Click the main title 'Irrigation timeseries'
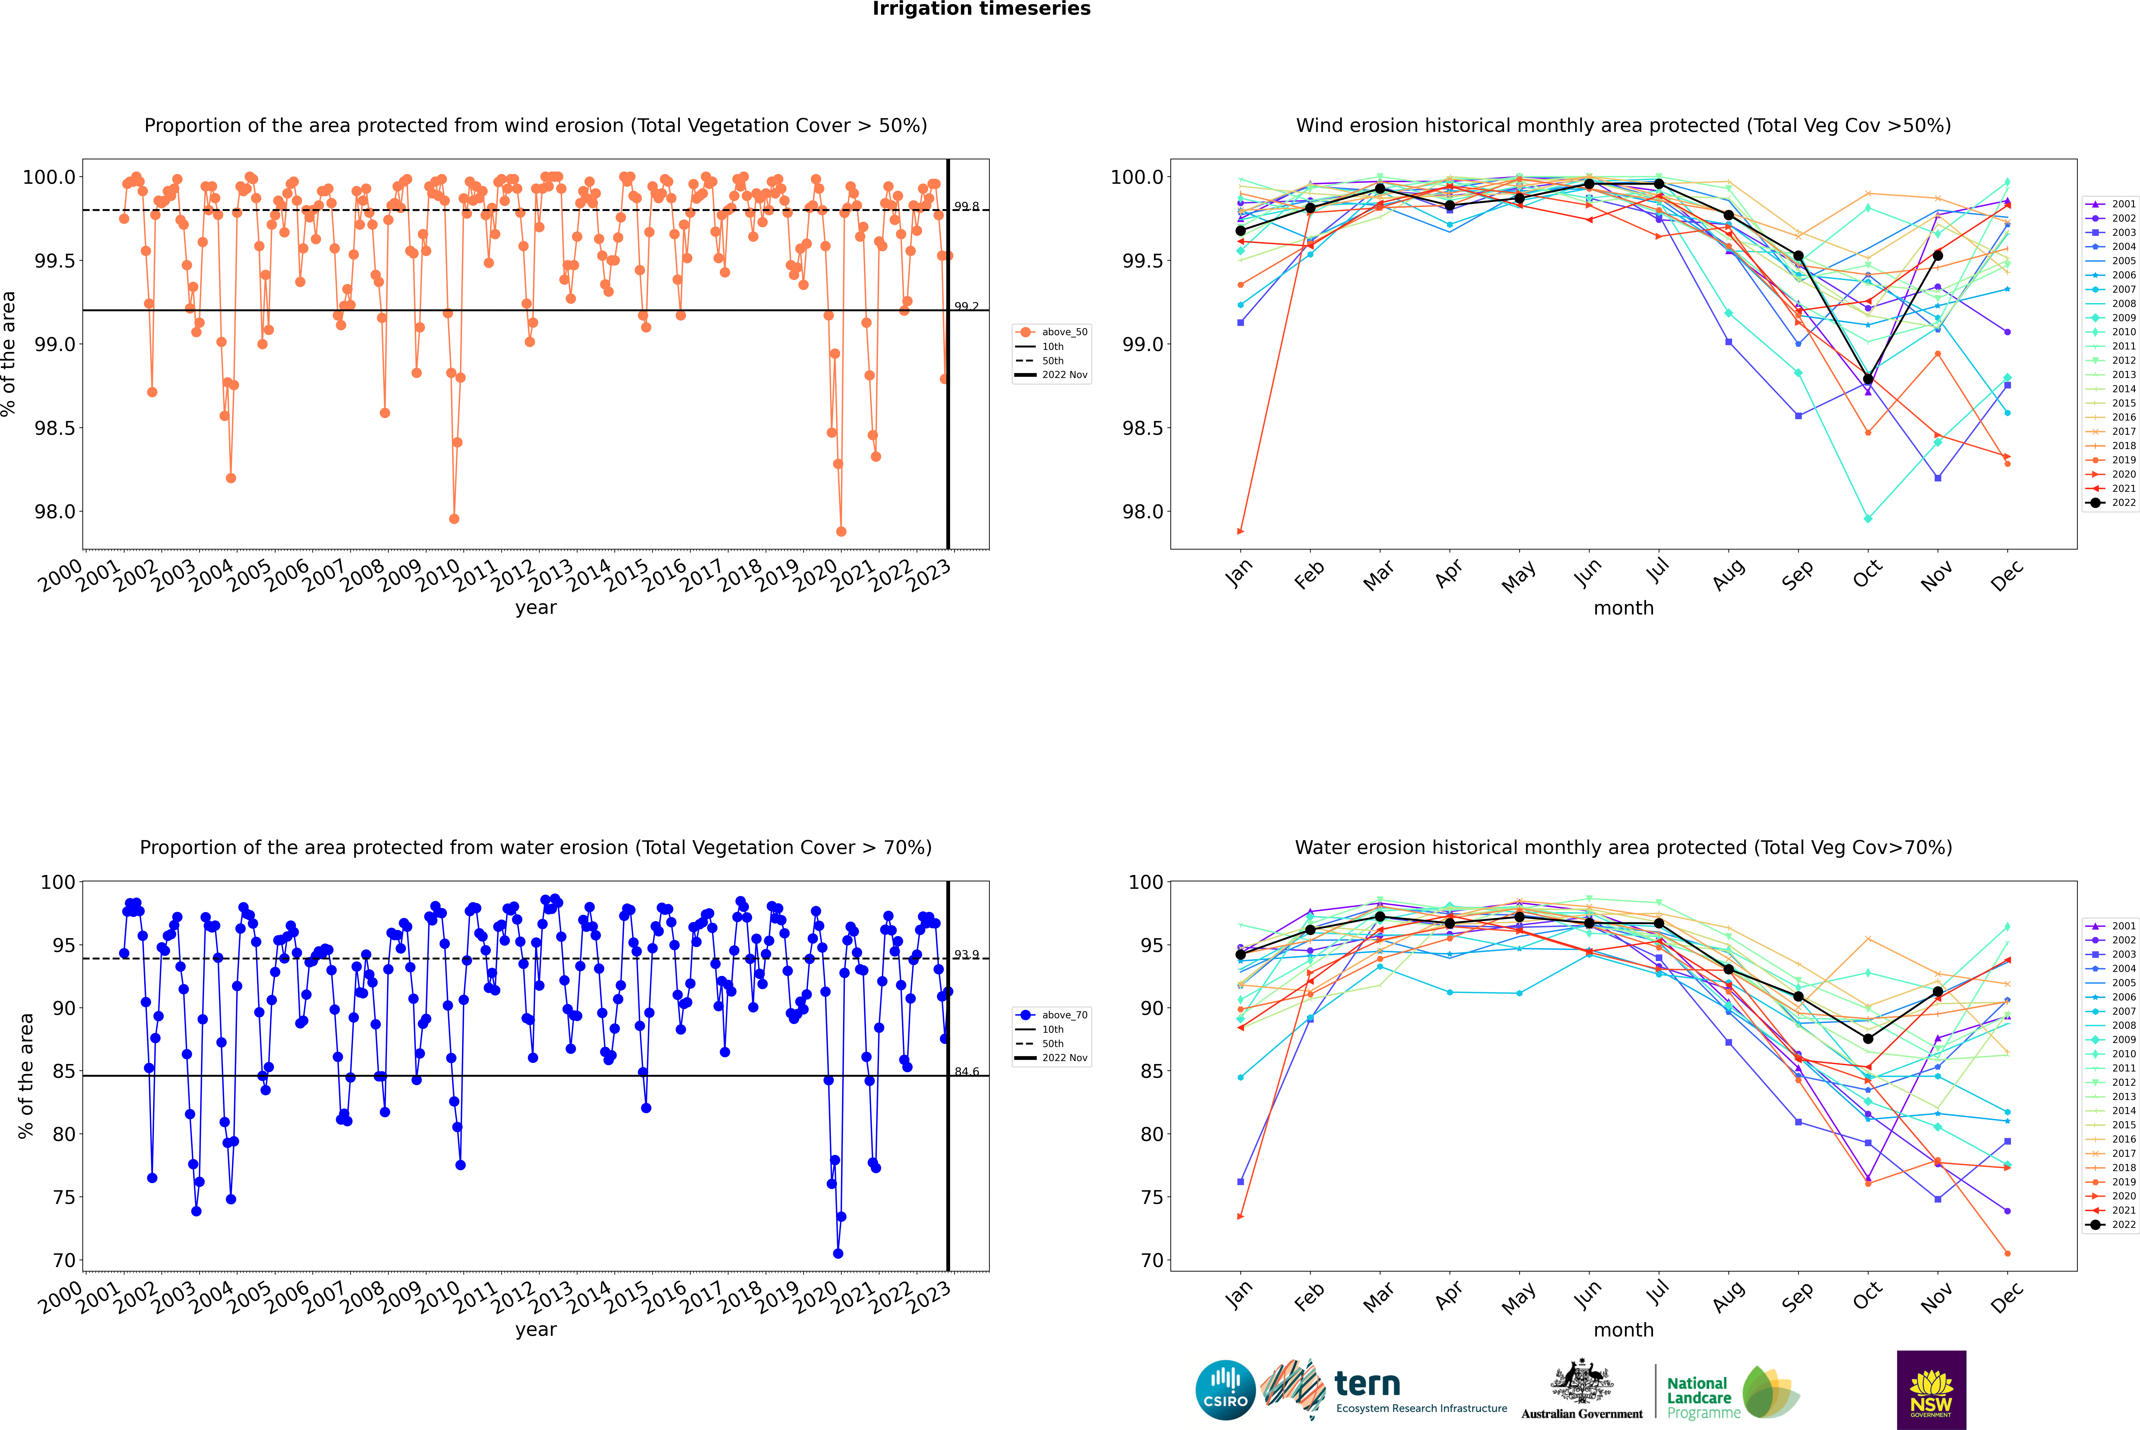(981, 9)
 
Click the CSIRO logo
(1225, 1390)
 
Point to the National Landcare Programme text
(1699, 1397)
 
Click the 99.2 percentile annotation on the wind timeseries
(966, 306)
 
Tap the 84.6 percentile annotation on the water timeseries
(966, 1071)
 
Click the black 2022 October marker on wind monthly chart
(1867, 378)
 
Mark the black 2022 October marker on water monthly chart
(1867, 1039)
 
